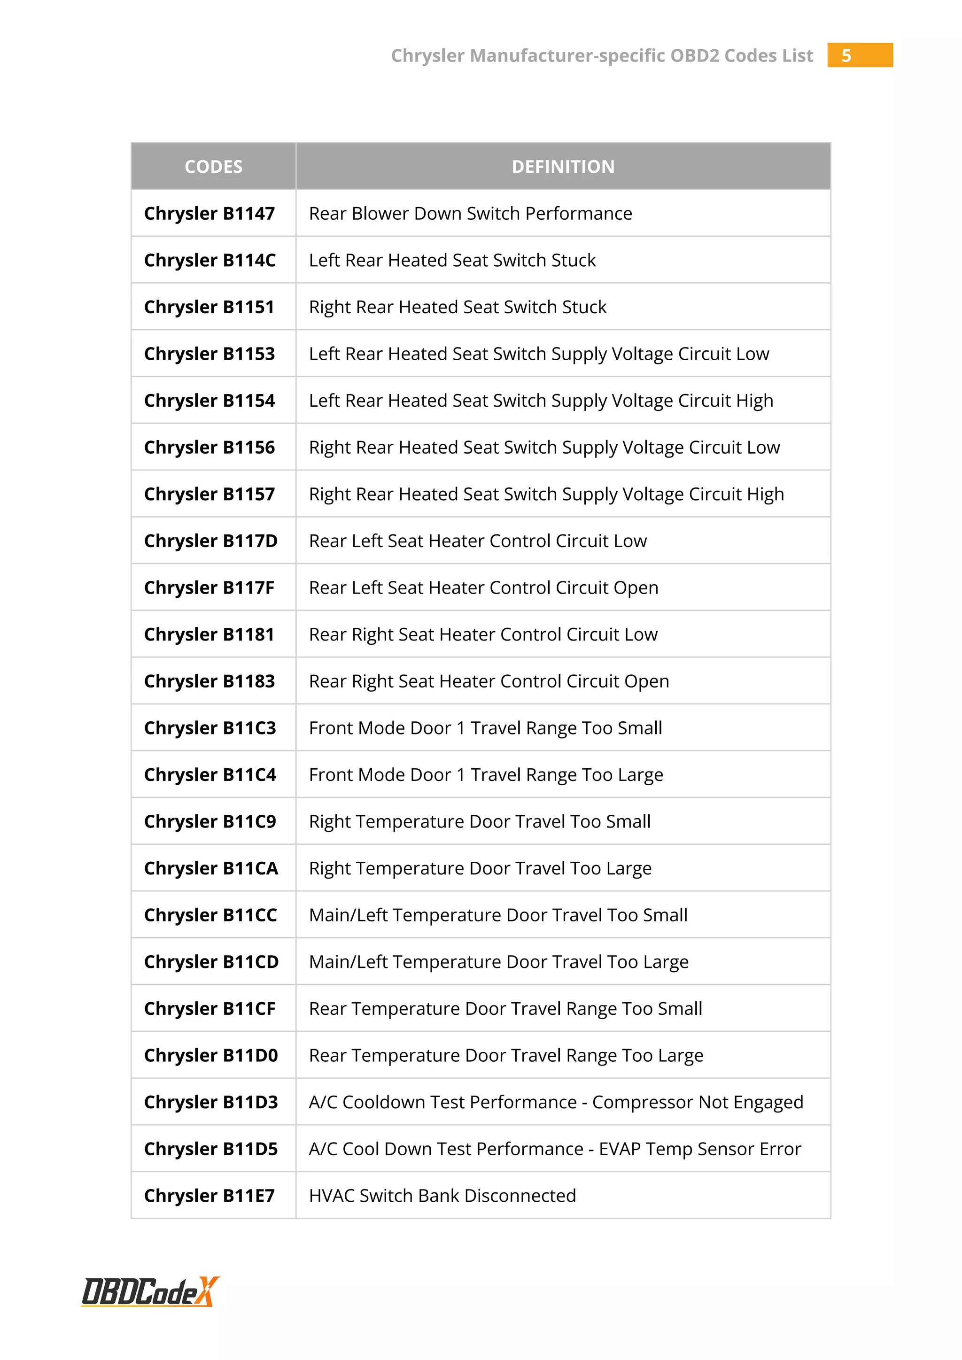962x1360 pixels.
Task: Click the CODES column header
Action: [x=213, y=166]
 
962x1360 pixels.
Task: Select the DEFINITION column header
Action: [x=563, y=166]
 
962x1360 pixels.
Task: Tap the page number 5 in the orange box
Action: [x=846, y=56]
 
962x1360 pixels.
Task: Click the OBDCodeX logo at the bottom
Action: [x=150, y=1292]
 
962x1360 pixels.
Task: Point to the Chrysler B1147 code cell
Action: [x=209, y=213]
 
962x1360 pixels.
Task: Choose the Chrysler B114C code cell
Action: [x=209, y=260]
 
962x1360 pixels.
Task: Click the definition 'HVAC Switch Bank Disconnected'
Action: [x=442, y=1195]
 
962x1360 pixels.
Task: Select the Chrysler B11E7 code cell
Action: [x=209, y=1195]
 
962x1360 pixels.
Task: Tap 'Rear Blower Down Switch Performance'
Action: [x=470, y=213]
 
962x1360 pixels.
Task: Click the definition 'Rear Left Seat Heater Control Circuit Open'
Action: [x=483, y=587]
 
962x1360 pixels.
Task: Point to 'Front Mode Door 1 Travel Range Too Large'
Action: [x=486, y=775]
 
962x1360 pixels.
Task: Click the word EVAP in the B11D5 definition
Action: [x=620, y=1149]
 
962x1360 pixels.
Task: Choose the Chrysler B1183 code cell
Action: [x=209, y=681]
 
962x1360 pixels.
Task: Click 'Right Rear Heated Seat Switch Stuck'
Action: [x=458, y=307]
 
